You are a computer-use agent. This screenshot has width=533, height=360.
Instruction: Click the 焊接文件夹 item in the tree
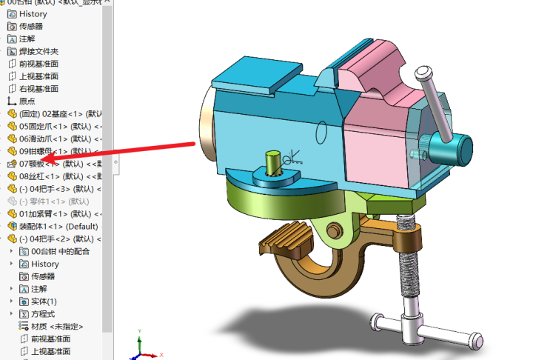pyautogui.click(x=38, y=51)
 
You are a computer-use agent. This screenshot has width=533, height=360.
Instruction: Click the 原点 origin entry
pyautogui.click(x=27, y=101)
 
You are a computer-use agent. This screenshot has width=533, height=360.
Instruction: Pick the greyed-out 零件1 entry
pyautogui.click(x=52, y=201)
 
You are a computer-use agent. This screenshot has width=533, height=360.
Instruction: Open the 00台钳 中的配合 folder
pyautogui.click(x=61, y=251)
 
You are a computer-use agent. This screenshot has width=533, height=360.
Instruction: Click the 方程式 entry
pyautogui.click(x=43, y=314)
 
